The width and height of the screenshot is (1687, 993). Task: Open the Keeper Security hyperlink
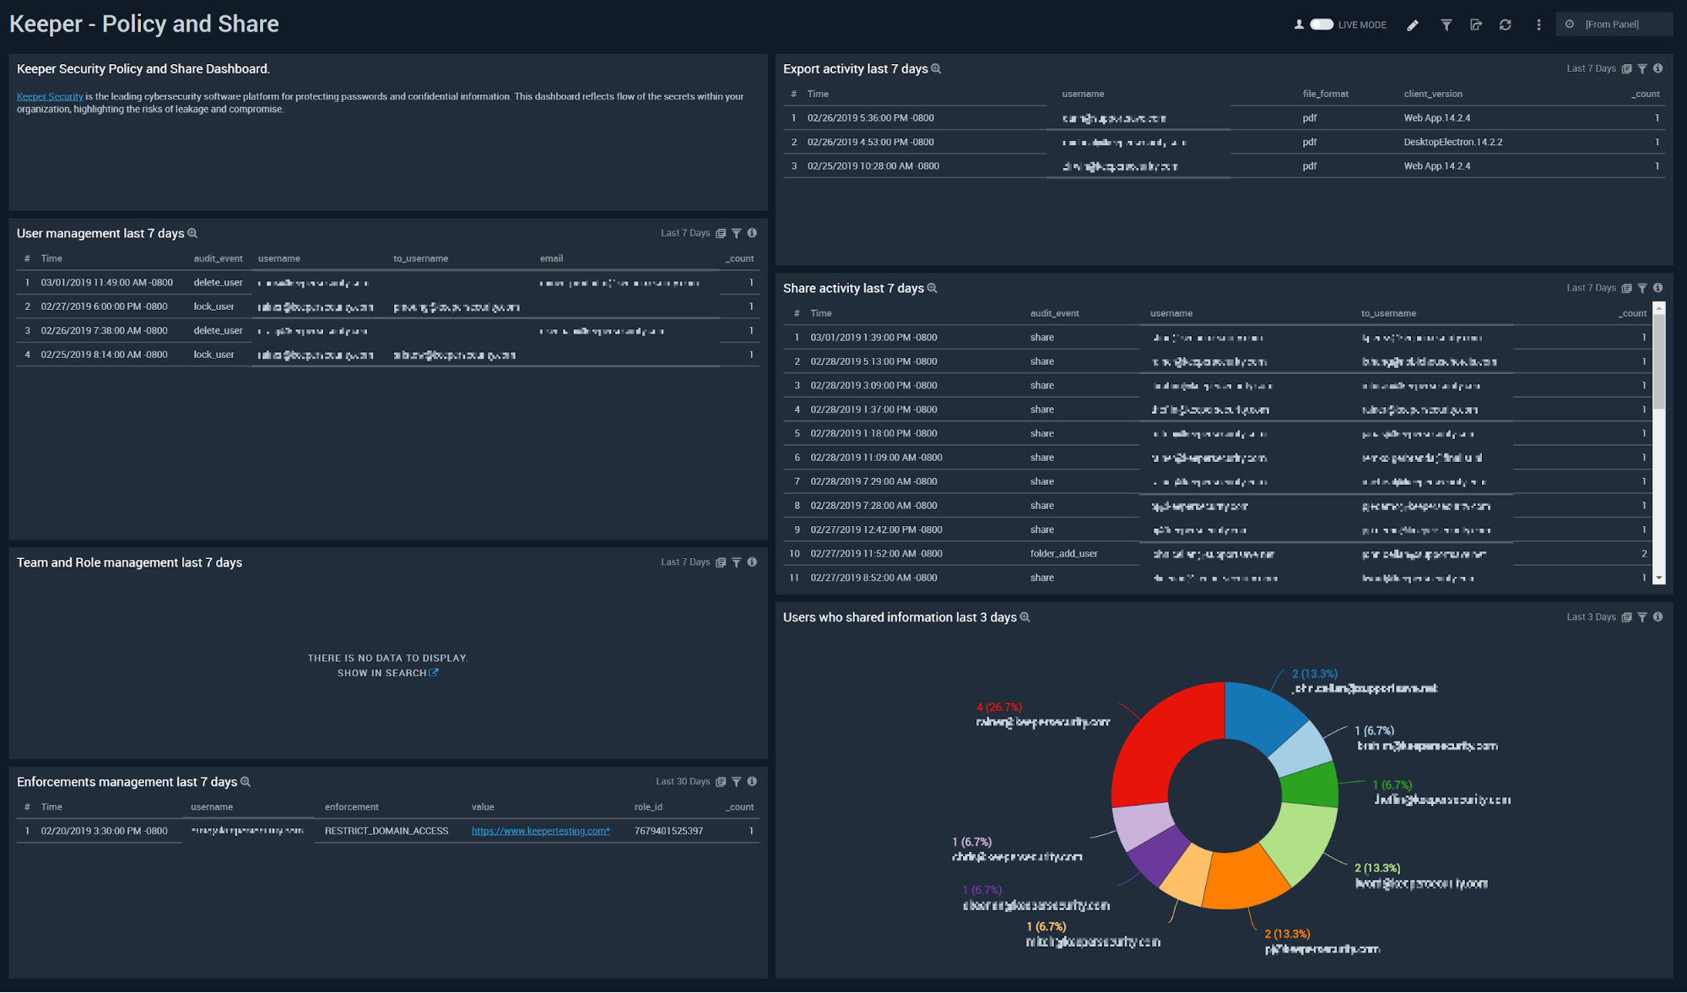50,96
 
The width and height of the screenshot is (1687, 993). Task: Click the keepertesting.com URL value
540,831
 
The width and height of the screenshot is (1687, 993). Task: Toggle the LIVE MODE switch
1322,24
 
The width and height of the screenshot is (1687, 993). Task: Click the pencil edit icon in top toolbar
1413,25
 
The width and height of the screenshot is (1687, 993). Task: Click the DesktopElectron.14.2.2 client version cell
1452,142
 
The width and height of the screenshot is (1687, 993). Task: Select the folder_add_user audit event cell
1063,554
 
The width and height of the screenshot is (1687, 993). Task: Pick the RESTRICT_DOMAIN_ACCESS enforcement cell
386,831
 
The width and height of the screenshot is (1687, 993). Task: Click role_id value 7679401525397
668,831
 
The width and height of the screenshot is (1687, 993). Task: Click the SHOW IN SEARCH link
387,673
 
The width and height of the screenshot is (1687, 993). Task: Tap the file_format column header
1325,94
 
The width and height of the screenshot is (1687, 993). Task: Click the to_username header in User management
420,258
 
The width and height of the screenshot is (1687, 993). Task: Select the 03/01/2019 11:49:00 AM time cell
106,283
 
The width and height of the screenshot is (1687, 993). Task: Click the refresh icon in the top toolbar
1505,25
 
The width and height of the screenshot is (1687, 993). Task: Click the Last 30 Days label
682,782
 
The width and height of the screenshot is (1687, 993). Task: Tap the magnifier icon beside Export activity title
936,69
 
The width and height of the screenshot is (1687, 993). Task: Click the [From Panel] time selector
1611,24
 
